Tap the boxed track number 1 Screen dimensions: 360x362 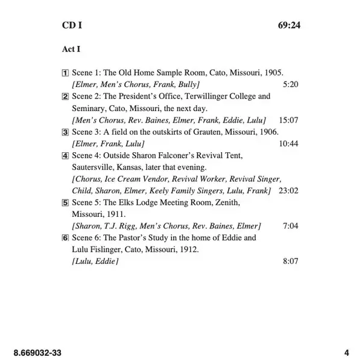[x=66, y=72]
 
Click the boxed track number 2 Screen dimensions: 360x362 [x=66, y=97]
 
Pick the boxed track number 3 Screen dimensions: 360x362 [x=66, y=132]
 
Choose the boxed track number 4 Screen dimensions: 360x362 [x=66, y=155]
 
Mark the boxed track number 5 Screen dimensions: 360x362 [x=66, y=202]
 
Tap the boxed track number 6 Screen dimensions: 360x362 [x=66, y=238]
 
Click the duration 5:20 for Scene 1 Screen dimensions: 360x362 [x=290, y=85]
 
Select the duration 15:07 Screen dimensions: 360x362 [x=288, y=120]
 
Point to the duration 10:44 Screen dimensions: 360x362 [x=288, y=144]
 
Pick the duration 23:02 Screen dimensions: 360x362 [x=288, y=191]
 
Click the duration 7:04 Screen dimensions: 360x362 [x=290, y=226]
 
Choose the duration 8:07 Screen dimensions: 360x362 [x=290, y=262]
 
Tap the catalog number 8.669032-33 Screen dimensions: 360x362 [x=37, y=352]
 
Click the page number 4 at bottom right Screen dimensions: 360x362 [x=346, y=352]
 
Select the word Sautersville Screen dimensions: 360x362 [x=94, y=167]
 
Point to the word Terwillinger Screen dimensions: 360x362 [x=205, y=97]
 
